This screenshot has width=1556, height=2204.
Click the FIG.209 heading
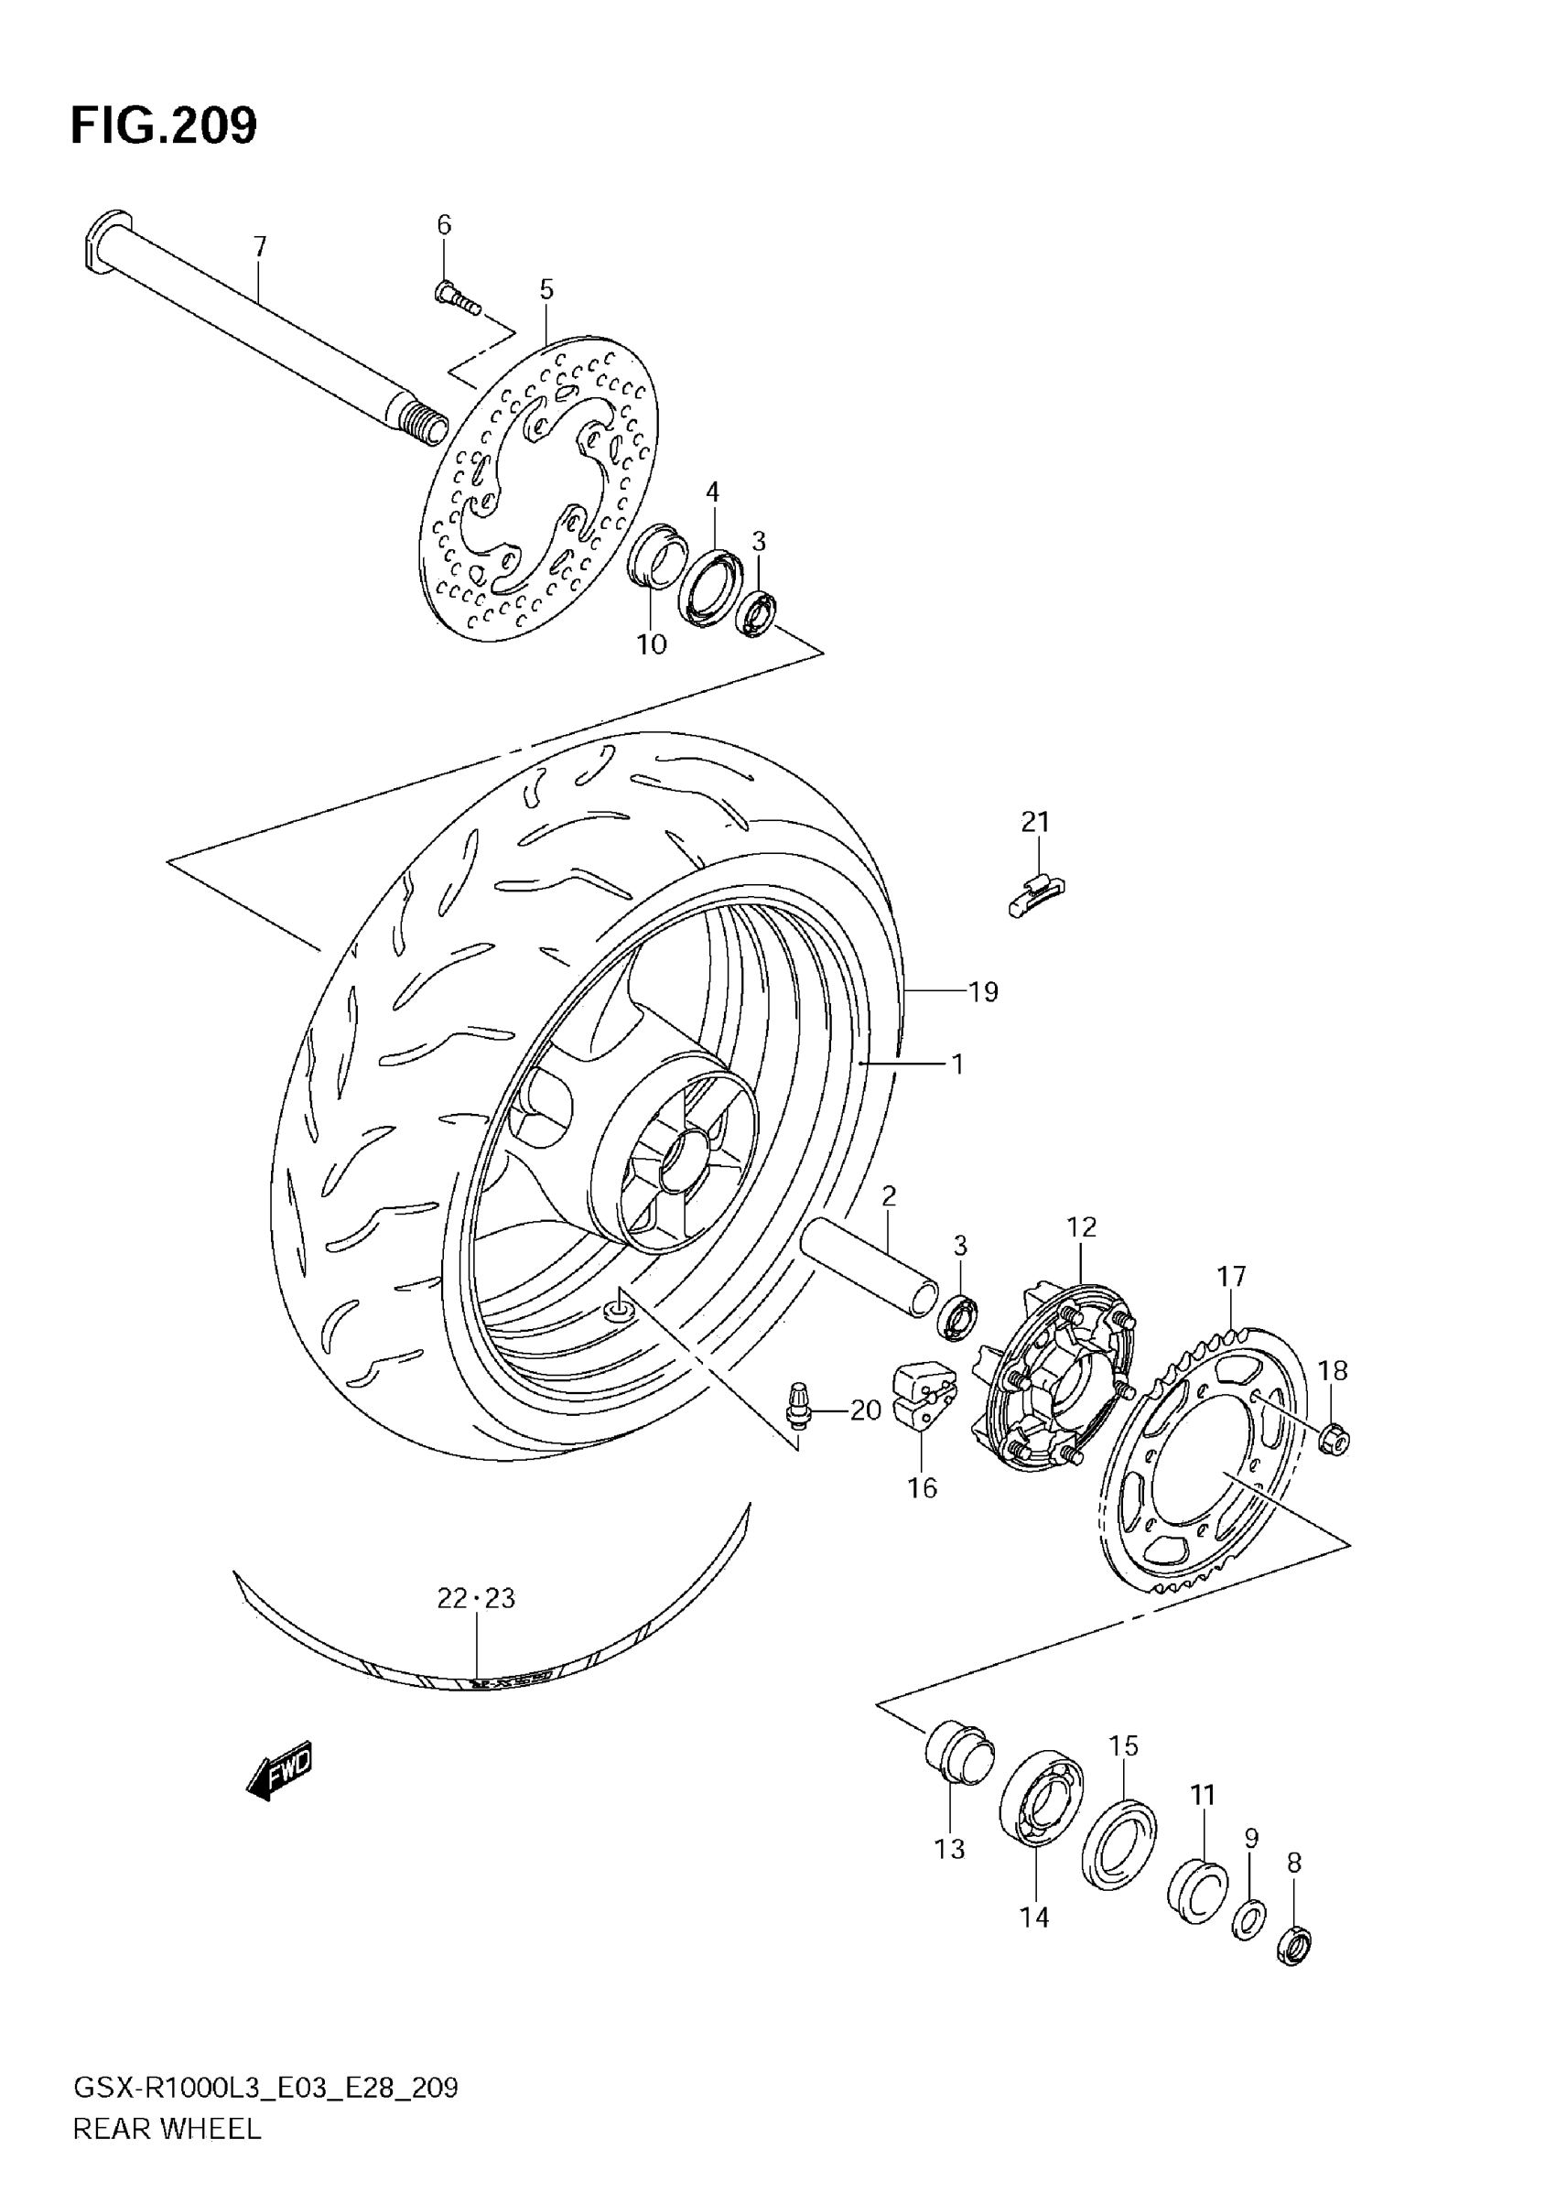point(164,125)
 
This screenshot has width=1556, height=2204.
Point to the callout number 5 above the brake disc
point(546,289)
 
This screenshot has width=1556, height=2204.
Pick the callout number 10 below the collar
point(652,644)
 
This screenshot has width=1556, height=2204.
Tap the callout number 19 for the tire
point(984,991)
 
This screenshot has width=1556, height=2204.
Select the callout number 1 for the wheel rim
point(957,1064)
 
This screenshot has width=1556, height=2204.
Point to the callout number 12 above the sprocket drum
point(1081,1226)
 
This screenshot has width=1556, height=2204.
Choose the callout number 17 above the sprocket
point(1232,1276)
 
